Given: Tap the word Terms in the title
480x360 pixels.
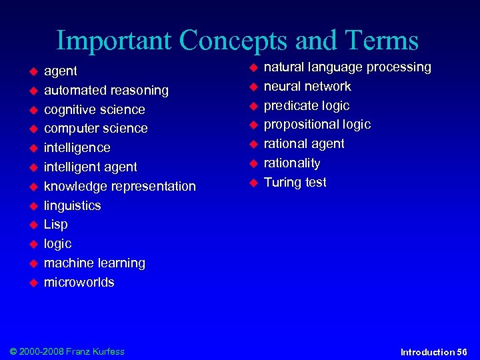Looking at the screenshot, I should pos(380,41).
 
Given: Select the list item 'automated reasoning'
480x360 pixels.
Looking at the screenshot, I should pos(106,90).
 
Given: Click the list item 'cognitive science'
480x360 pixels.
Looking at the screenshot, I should pos(94,109).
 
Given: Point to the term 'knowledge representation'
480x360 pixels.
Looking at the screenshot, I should pos(120,186).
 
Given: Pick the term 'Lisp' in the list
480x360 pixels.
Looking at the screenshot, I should pos(55,225).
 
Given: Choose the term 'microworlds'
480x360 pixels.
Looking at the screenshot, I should pos(79,282).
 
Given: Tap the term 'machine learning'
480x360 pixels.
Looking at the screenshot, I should pos(94,263).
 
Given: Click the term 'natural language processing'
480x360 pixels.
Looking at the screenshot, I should pos(347,67).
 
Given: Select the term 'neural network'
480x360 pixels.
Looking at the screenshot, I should pos(307,87).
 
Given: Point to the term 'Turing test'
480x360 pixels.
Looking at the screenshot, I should pos(295,183).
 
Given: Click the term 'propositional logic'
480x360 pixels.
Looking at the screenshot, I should pos(317,125).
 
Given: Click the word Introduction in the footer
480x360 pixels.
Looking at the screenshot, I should pos(427,351).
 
